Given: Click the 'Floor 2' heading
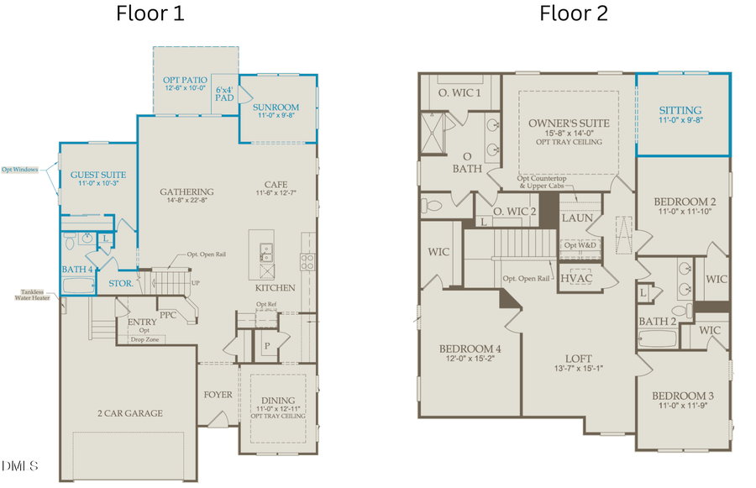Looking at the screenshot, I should [574, 13].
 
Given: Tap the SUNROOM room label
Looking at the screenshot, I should [276, 108].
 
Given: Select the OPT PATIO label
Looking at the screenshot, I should [183, 81].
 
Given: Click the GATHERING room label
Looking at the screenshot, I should [186, 192].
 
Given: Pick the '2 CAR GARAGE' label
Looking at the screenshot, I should [129, 412].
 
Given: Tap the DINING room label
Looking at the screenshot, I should [278, 401].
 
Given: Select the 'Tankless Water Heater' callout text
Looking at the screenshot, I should [29, 296].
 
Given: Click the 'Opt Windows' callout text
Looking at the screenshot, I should [19, 169].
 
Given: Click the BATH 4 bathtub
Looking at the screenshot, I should [81, 286].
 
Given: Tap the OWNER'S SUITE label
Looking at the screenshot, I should [569, 123].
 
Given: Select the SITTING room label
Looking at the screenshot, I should [680, 110].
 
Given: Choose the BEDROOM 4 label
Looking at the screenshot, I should [470, 349].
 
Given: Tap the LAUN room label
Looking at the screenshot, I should [578, 218].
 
